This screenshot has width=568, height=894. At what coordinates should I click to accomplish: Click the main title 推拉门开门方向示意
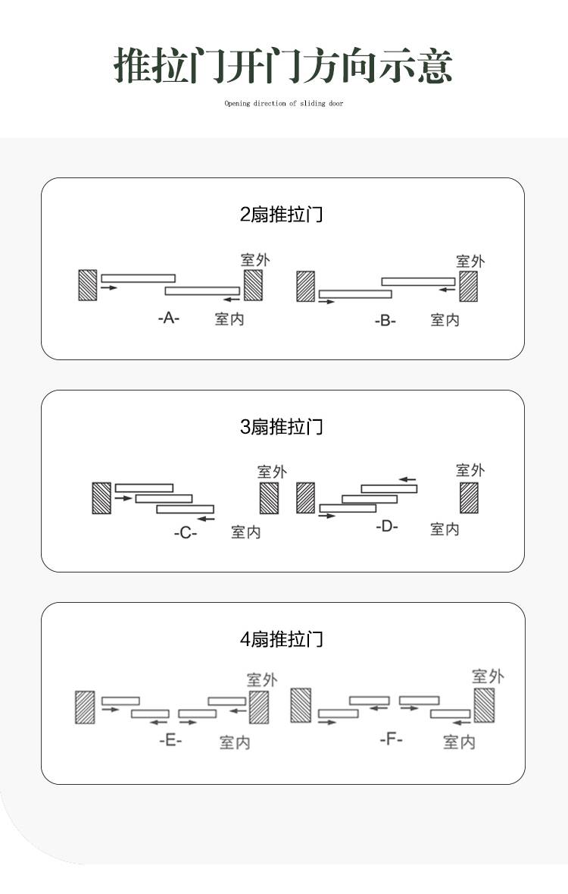(x=283, y=65)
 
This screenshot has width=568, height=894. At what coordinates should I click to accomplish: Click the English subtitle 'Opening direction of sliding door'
(x=284, y=103)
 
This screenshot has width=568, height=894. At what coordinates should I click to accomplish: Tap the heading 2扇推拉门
(x=282, y=215)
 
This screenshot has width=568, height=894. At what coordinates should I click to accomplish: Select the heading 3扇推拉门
(x=282, y=426)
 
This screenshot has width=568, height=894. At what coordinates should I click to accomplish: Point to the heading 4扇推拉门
(x=282, y=639)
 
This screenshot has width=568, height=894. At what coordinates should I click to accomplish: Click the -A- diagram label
(x=169, y=318)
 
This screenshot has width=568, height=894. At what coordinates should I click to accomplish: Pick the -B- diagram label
(x=385, y=321)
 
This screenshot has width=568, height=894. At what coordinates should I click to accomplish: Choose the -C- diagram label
(x=186, y=533)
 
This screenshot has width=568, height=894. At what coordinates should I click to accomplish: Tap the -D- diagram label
(x=387, y=526)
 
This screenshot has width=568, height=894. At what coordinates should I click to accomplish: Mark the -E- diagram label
(x=170, y=740)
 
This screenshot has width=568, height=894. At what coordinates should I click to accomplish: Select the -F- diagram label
(x=391, y=739)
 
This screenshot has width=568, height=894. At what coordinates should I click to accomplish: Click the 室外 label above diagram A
(x=255, y=260)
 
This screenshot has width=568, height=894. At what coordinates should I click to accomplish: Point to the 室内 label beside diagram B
(x=445, y=320)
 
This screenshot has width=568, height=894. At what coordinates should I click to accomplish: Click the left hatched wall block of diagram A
(x=87, y=285)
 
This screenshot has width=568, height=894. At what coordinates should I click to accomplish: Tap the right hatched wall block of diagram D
(x=470, y=498)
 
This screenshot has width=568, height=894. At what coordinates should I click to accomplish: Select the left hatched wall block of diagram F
(x=301, y=705)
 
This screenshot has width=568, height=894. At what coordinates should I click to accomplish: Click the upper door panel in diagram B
(x=418, y=281)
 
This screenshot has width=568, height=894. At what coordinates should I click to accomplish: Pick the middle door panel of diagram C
(x=164, y=499)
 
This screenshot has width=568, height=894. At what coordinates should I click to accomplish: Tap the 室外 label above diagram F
(x=488, y=676)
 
